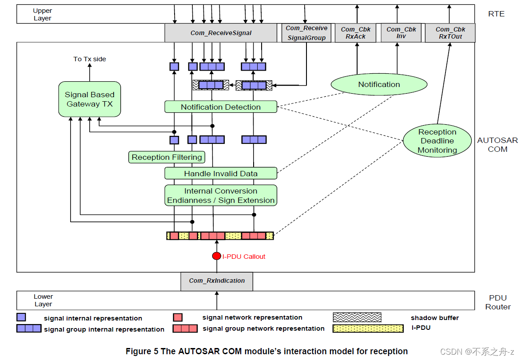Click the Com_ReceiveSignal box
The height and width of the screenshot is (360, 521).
click(x=221, y=33)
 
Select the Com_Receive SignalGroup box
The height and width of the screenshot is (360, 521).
click(x=306, y=33)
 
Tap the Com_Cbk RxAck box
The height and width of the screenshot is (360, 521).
click(x=355, y=33)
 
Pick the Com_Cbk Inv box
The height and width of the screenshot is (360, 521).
click(x=401, y=33)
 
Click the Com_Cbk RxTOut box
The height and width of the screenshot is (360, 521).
click(x=450, y=33)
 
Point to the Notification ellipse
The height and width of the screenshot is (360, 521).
click(x=379, y=84)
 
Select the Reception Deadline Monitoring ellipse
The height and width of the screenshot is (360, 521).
click(x=437, y=141)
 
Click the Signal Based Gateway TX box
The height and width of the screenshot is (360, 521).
click(x=90, y=99)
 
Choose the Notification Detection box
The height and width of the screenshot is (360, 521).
click(x=221, y=107)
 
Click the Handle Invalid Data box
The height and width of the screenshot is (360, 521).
click(x=221, y=174)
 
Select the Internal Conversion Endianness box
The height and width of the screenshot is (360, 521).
click(x=221, y=196)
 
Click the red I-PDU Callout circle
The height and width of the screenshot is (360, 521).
click(x=216, y=256)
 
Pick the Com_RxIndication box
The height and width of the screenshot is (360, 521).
click(x=217, y=281)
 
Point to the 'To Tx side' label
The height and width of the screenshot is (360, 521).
click(x=90, y=59)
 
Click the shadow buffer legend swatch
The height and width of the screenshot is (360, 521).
click(x=357, y=317)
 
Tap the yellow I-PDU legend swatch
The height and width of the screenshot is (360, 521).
click(x=368, y=328)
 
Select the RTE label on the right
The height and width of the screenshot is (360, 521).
click(x=496, y=14)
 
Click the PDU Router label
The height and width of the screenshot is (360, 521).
click(x=497, y=302)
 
